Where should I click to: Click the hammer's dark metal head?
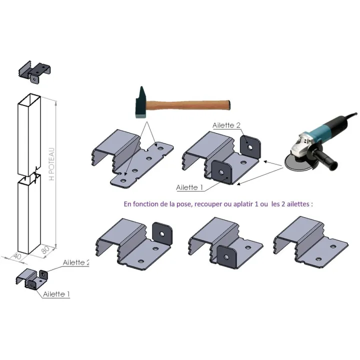tap(140, 103)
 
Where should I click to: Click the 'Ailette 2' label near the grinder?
tap(226, 125)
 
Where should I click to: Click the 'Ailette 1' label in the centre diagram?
tap(189, 187)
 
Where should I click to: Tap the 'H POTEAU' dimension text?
tap(52, 164)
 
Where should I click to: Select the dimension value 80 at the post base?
tap(45, 249)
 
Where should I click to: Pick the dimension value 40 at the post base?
tap(17, 256)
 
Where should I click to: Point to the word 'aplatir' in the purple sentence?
tap(243, 204)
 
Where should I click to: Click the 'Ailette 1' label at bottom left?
tap(56, 294)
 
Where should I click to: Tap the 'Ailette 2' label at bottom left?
tap(76, 262)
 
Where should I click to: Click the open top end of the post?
tap(29, 99)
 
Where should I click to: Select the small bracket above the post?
tap(34, 71)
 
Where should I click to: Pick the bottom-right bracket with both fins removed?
tap(311, 242)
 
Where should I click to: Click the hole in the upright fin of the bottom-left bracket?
tap(162, 234)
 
